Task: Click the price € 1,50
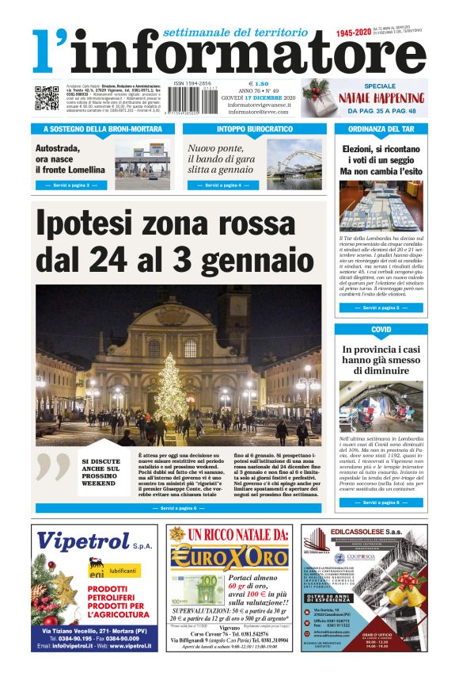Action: pyautogui.click(x=259, y=83)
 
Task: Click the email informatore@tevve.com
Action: pyautogui.click(x=257, y=112)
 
